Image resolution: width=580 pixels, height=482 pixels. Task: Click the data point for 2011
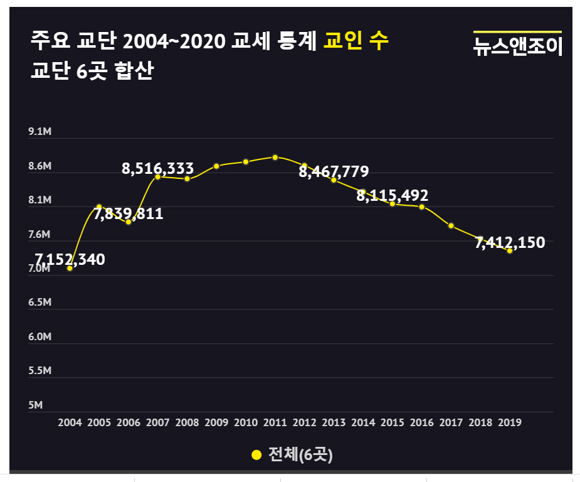click(x=275, y=157)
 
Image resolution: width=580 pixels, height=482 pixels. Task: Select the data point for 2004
click(x=70, y=268)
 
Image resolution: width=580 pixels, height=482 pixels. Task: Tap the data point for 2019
click(x=510, y=250)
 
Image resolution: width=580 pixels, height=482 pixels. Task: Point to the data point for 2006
click(x=129, y=222)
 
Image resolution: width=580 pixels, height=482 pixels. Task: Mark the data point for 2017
click(x=451, y=225)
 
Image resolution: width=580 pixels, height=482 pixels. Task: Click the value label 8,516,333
click(x=158, y=168)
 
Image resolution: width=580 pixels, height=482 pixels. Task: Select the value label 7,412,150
click(x=510, y=242)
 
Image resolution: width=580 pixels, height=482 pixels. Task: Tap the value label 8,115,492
click(x=393, y=195)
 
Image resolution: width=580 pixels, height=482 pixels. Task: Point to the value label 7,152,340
click(x=70, y=259)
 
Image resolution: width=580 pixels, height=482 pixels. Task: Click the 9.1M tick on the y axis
click(x=39, y=132)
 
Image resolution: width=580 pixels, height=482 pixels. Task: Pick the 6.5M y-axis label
click(x=39, y=303)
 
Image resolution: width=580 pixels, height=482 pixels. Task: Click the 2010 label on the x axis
click(x=246, y=423)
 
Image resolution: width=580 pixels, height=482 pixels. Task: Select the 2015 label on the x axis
click(x=393, y=423)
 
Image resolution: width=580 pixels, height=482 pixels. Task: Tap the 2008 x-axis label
click(x=187, y=423)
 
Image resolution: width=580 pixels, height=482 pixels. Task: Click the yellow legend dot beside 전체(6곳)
click(x=256, y=455)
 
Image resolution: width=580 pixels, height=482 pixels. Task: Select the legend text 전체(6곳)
click(x=300, y=455)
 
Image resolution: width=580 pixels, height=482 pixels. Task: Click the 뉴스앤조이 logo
click(x=517, y=46)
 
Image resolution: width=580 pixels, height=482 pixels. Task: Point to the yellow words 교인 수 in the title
click(x=356, y=41)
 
